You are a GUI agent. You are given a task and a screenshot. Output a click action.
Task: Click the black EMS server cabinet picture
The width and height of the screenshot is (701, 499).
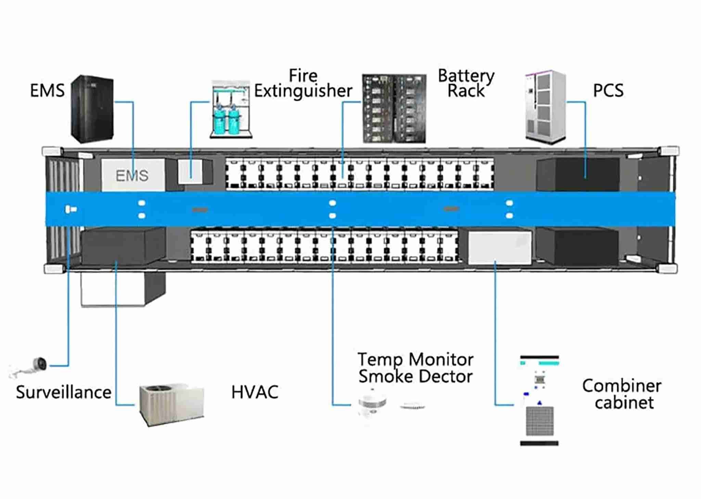coord(92,109)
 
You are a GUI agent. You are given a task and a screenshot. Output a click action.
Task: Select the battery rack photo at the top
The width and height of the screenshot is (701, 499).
coord(394,108)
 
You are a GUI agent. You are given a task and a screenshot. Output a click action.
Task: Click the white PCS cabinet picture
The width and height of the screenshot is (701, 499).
coord(546,107)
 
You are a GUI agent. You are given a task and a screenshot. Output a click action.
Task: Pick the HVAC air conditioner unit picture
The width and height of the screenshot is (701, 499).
coord(171,405)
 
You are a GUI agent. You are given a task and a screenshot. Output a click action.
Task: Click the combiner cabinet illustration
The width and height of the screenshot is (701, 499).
coord(539,400)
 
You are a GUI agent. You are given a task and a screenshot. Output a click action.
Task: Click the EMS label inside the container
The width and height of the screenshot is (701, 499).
coord(132,176)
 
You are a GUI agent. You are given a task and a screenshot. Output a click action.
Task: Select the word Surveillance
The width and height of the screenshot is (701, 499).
coord(64,392)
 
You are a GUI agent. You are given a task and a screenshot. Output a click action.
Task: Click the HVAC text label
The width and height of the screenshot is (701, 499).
coord(255,392)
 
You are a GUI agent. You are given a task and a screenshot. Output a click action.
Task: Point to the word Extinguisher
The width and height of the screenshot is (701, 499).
coord(303,91)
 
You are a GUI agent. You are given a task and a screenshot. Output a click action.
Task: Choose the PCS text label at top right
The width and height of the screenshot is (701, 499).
coord(608,91)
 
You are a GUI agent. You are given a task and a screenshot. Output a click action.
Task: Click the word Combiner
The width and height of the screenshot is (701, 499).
coord(622,386)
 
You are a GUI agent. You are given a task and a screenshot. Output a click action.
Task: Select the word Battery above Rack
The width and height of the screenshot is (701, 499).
coord(466,76)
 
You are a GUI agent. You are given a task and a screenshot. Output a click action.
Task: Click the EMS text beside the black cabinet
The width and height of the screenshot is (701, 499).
coord(47,91)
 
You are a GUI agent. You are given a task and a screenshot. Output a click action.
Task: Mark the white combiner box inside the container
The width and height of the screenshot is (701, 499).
coord(500,247)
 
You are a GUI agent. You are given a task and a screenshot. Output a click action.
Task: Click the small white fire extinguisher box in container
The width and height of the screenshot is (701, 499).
coord(190,171)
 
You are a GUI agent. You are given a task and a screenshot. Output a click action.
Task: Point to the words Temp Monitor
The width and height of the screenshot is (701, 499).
coord(416,360)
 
